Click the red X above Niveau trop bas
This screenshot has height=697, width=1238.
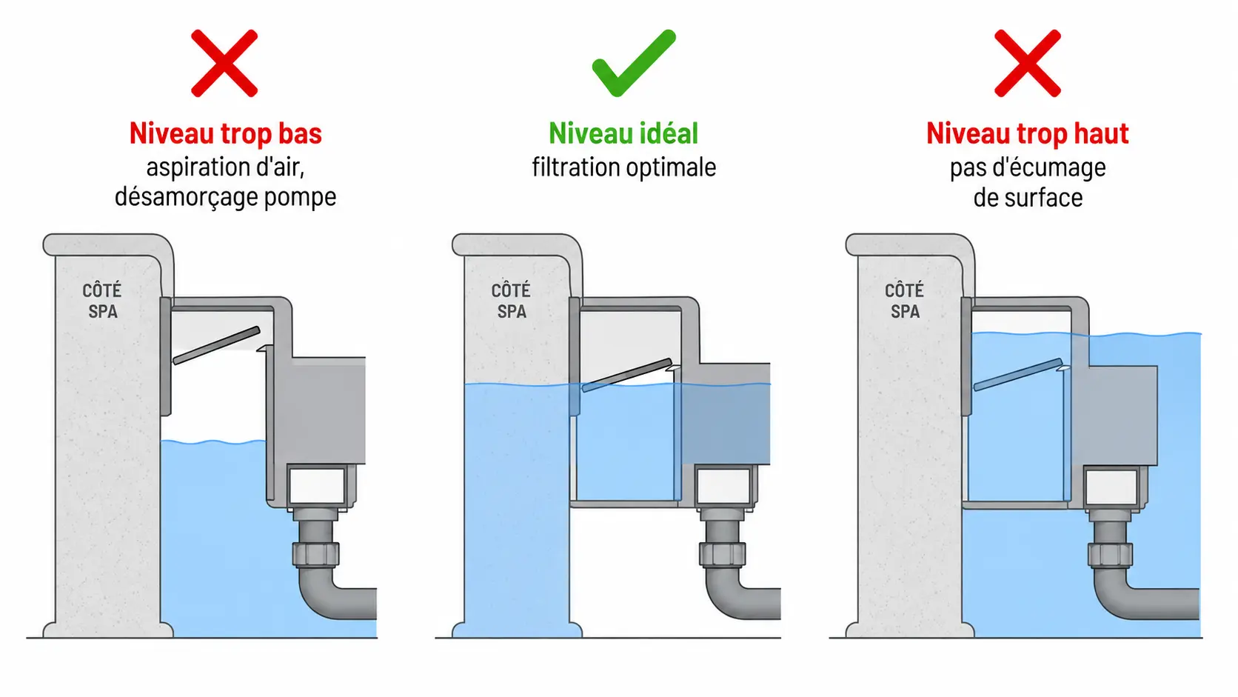224,63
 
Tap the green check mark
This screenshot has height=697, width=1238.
634,63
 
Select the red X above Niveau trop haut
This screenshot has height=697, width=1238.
1028,63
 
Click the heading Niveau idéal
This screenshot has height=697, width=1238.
623,134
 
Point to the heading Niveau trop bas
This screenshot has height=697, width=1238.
226,134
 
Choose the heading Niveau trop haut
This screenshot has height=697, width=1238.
1028,134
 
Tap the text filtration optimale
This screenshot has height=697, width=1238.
624,167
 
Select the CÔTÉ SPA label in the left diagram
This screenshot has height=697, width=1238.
102,301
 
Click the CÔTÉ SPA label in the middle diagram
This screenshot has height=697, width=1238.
511,301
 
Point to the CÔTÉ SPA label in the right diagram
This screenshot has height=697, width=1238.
905,301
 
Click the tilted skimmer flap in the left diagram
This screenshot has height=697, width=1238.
216,345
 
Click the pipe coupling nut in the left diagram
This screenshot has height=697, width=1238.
315,554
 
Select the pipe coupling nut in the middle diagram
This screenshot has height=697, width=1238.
723,554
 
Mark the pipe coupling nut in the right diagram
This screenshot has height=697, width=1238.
1111,554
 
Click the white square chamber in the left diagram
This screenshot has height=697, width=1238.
316,487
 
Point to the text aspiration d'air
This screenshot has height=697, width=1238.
226,167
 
